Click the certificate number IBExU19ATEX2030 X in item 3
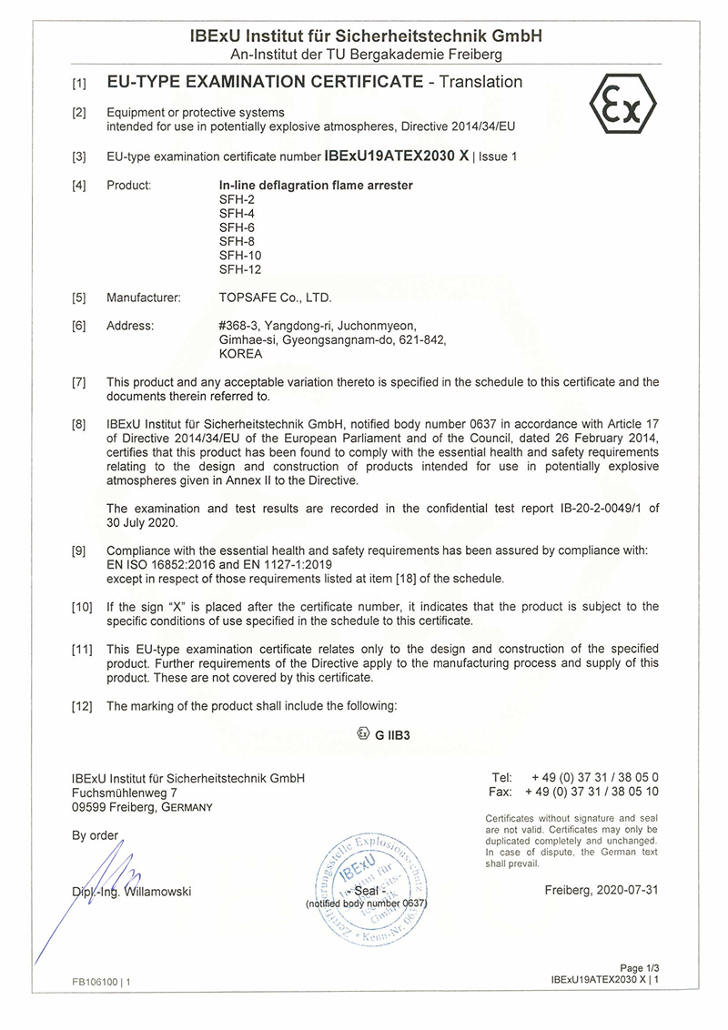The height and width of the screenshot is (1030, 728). pyautogui.click(x=398, y=156)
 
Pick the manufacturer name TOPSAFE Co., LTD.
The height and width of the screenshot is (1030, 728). pyautogui.click(x=276, y=298)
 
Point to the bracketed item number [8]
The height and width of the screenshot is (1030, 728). pyautogui.click(x=79, y=424)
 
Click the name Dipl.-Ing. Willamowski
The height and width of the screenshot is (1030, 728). pyautogui.click(x=131, y=892)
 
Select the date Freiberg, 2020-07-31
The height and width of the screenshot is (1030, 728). pyautogui.click(x=602, y=891)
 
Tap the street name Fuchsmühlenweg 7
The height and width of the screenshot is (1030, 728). pyautogui.click(x=117, y=793)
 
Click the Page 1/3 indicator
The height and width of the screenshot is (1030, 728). pyautogui.click(x=638, y=968)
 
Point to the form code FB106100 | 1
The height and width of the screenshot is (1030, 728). pyautogui.click(x=102, y=982)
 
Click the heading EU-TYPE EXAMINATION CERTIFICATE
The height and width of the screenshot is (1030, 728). pyautogui.click(x=265, y=83)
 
